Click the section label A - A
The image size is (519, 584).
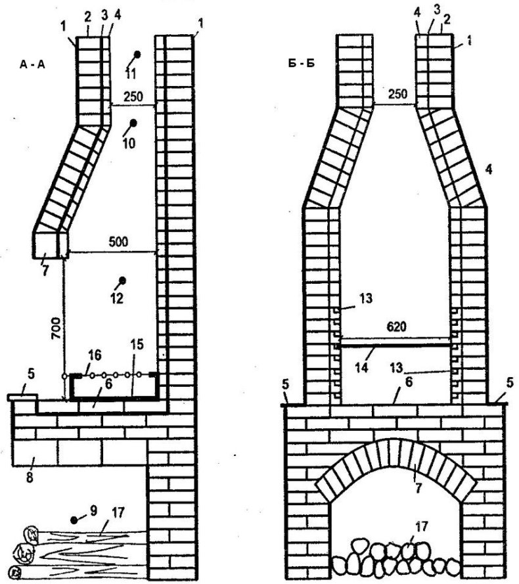coord(32,65)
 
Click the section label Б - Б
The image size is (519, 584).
coord(302,63)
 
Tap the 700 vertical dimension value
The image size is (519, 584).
coord(56,328)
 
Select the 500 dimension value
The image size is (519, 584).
coord(118,242)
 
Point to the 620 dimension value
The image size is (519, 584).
coord(396,326)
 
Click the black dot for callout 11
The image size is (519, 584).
coord(137,55)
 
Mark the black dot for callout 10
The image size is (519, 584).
coord(133,123)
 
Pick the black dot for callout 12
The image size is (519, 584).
coord(122,281)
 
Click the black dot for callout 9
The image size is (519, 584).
coord(74,520)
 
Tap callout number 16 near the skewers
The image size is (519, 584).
coord(95,355)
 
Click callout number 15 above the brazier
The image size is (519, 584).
coord(137,344)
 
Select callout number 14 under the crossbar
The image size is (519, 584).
coord(361,368)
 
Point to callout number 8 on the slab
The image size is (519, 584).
coord(30,477)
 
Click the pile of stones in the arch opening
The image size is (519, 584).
coord(396,556)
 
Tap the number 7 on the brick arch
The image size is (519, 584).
coord(418,488)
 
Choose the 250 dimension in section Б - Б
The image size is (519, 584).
coord(397,93)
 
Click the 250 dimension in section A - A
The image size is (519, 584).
coord(133,97)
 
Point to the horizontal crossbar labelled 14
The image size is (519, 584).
coord(395,346)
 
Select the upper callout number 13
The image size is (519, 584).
coord(366,298)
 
